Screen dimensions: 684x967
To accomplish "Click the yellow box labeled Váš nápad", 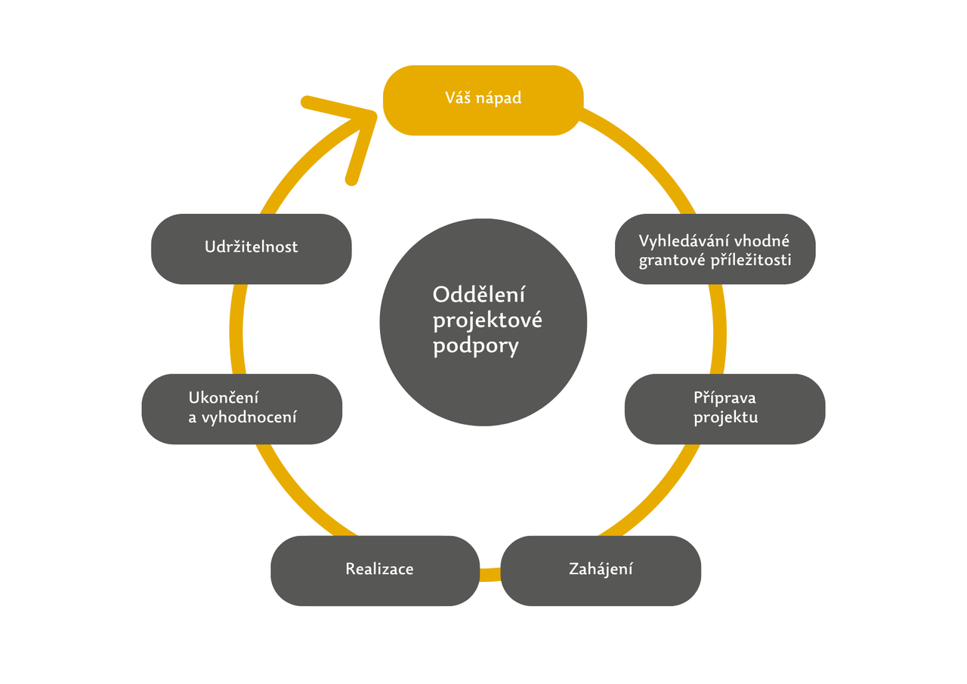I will (483, 100).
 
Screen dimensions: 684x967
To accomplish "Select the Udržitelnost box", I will (251, 248).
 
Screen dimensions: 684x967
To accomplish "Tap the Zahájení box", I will (601, 570).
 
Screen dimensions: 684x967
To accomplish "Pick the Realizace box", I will (375, 570).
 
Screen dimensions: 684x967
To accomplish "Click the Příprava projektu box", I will (724, 408).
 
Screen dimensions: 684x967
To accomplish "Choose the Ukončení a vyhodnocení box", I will (242, 408).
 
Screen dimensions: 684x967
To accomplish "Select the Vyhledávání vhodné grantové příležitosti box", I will (715, 249).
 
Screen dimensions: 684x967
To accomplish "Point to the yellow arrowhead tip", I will (374, 114).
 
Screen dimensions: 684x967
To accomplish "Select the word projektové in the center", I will (487, 320).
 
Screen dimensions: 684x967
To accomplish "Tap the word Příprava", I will (724, 398).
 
